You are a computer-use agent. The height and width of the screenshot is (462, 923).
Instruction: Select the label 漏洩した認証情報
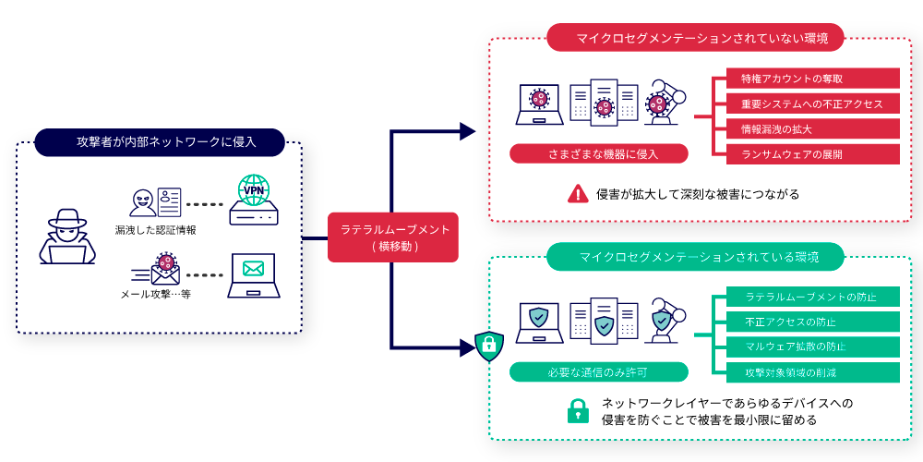tap(156, 228)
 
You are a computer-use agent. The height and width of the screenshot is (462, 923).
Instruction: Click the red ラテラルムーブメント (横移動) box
tap(393, 237)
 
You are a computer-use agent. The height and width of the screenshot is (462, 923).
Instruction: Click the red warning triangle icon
tap(578, 193)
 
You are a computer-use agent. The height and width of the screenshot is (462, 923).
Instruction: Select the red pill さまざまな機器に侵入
tap(598, 153)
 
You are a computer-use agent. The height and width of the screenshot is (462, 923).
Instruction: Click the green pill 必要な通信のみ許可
tap(598, 371)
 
